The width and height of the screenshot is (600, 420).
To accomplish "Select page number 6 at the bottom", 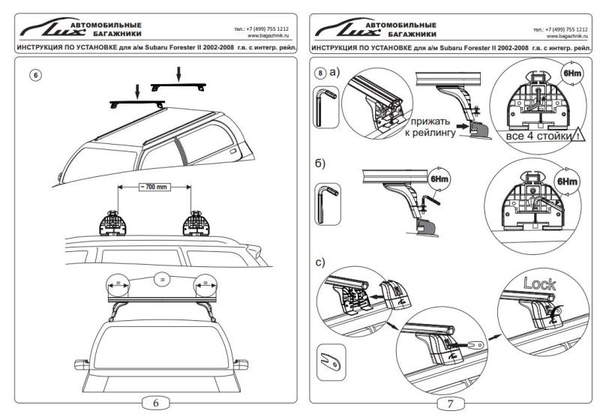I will [x=156, y=403].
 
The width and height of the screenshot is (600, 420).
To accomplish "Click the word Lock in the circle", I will [x=540, y=285].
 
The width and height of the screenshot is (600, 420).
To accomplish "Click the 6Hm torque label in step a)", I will [x=568, y=76].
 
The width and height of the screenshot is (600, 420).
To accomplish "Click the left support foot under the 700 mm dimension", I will [x=114, y=222].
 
